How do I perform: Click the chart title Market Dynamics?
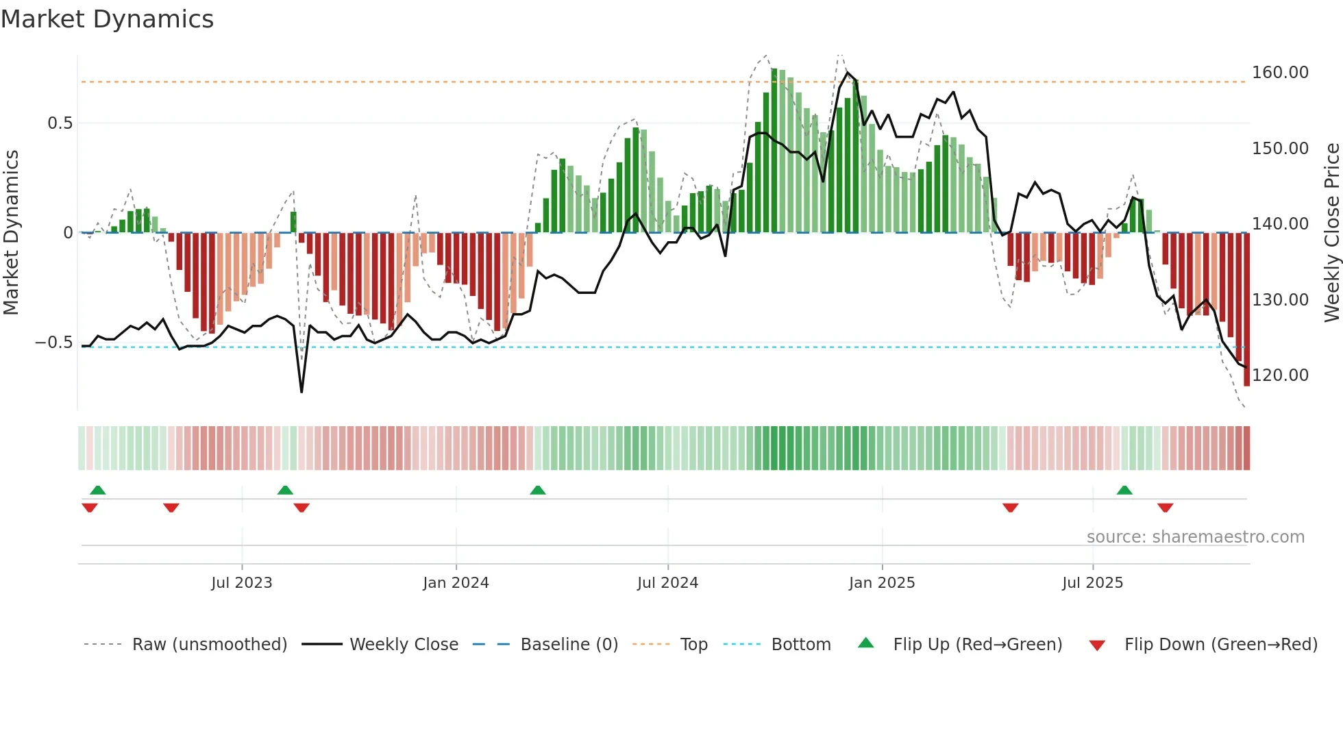coord(108,19)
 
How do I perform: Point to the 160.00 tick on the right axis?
coord(1280,73)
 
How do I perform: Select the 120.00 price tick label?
coord(1280,375)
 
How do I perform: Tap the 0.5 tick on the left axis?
coord(60,123)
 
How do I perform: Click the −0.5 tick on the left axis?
coord(54,343)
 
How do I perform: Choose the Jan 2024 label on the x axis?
coord(456,583)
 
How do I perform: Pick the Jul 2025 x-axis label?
coord(1092,583)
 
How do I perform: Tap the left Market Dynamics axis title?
coord(11,233)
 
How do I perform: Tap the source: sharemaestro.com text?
coord(1195,537)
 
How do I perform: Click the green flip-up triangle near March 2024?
coord(538,490)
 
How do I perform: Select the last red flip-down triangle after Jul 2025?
coord(1165,508)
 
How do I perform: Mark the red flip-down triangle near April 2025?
coord(1010,508)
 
